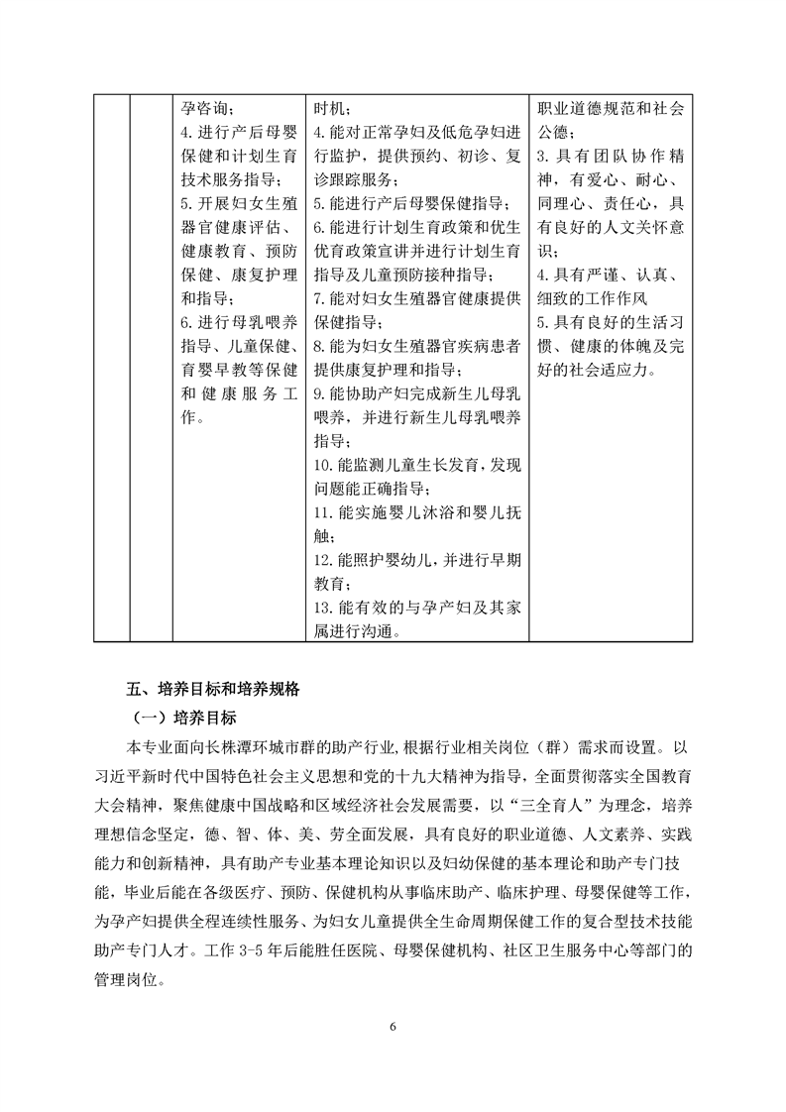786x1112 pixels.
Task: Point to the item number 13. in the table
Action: (x=324, y=607)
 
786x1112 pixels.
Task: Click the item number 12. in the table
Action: (x=324, y=559)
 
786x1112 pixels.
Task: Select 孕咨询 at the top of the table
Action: (x=207, y=107)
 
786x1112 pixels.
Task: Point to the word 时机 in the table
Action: (x=330, y=107)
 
